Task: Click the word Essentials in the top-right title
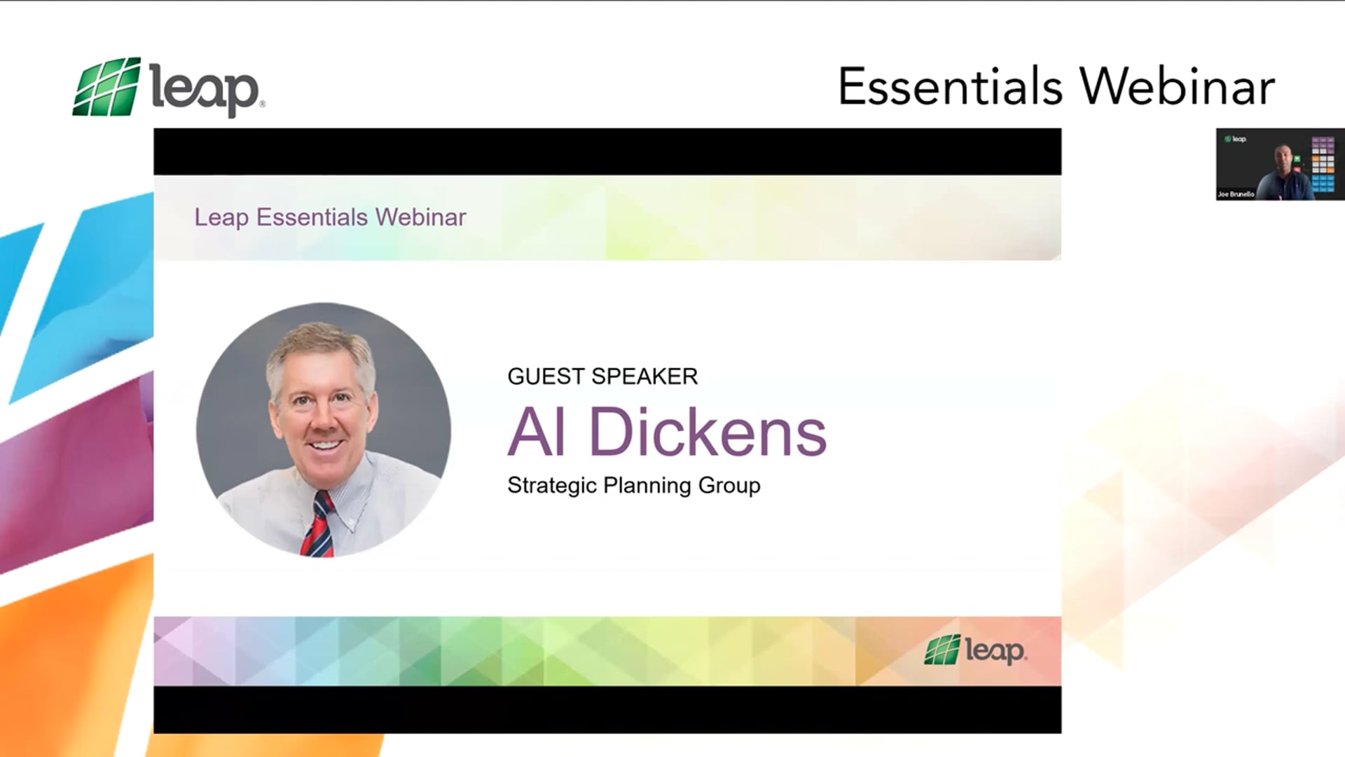pyautogui.click(x=950, y=87)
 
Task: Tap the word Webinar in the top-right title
pyautogui.click(x=1177, y=87)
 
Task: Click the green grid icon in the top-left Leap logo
pyautogui.click(x=106, y=87)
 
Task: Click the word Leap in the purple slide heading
pyautogui.click(x=221, y=217)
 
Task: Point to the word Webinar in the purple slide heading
pyautogui.click(x=420, y=217)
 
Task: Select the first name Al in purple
pyautogui.click(x=537, y=432)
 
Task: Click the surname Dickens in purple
pyautogui.click(x=708, y=432)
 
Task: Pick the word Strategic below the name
pyautogui.click(x=552, y=485)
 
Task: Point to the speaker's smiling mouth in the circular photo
pyautogui.click(x=325, y=444)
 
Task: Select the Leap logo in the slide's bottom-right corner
pyautogui.click(x=975, y=650)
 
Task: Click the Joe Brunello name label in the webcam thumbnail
pyautogui.click(x=1236, y=194)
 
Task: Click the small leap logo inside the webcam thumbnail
pyautogui.click(x=1235, y=139)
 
